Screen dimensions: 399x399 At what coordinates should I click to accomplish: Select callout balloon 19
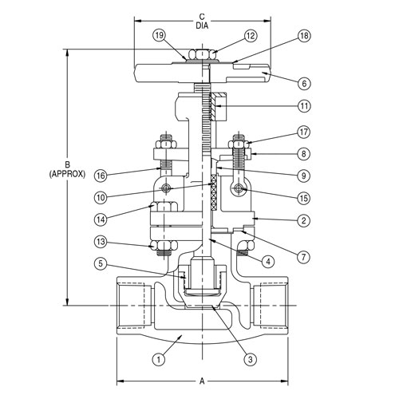160,35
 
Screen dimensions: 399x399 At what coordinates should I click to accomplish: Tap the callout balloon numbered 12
251,35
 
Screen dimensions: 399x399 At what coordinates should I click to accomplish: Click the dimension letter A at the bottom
202,381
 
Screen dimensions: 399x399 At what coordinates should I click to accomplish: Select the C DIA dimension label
201,21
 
